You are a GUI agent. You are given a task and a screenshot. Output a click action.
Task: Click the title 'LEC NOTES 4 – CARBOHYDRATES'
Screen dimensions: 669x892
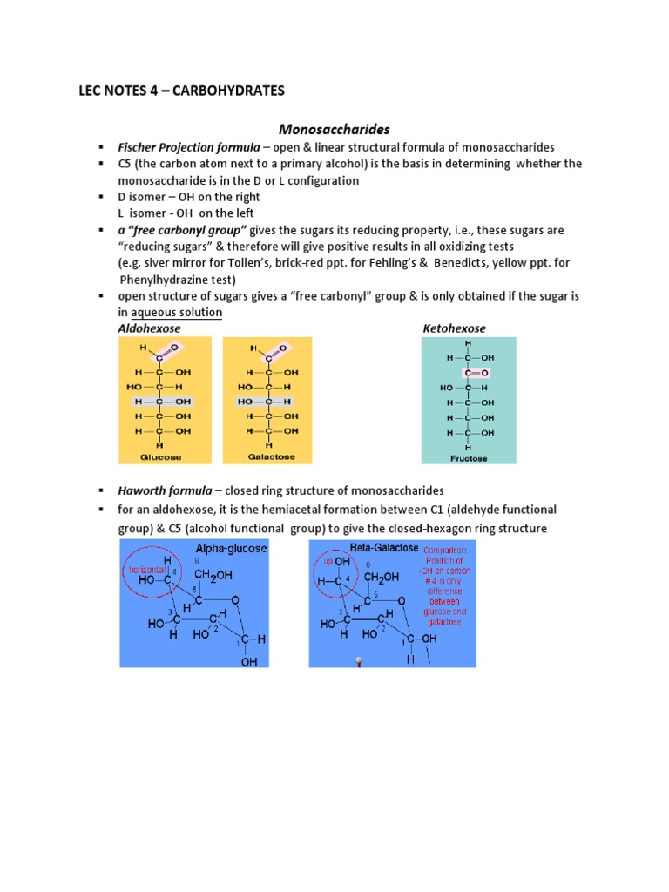[x=181, y=90]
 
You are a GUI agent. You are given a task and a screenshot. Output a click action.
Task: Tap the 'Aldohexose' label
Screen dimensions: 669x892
[x=149, y=328]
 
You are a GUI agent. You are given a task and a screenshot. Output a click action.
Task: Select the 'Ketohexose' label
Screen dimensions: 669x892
[x=454, y=328]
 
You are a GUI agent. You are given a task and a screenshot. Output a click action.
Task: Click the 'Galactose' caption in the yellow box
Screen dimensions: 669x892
[x=267, y=456]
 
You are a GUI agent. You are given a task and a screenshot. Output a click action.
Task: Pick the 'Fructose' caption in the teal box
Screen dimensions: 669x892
[x=468, y=456]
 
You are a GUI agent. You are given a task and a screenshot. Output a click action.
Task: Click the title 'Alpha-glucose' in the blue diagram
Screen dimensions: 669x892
[x=231, y=549]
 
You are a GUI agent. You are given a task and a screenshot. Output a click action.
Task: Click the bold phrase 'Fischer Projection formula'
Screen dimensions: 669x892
[x=188, y=147]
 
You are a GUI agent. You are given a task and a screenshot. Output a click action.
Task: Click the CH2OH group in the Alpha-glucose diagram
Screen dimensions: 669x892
[x=213, y=577]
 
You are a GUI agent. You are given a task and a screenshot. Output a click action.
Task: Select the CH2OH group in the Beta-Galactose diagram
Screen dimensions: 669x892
[x=382, y=577]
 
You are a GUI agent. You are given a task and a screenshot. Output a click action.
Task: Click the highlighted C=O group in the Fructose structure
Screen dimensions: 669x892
[x=469, y=373]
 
